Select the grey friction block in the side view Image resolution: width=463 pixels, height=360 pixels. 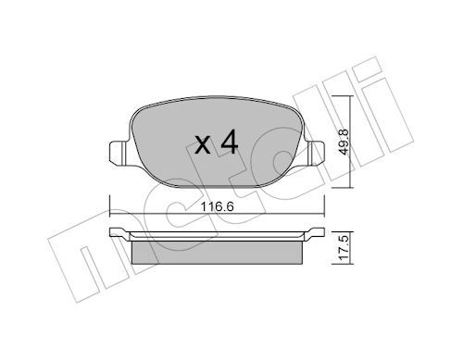(218, 251)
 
